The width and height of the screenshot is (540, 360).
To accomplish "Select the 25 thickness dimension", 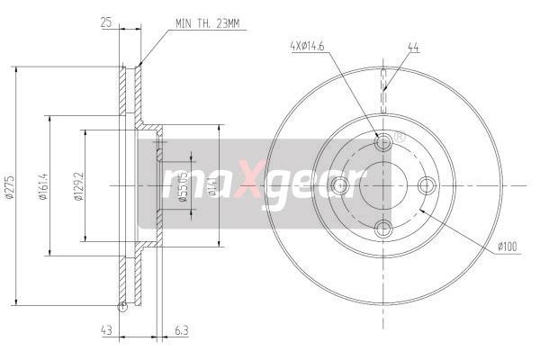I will [107, 22].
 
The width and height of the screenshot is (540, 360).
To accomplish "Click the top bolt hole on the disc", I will [383, 142].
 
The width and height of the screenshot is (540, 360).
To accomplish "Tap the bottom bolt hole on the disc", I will [383, 229].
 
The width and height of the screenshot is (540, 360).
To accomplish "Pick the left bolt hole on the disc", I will [340, 185].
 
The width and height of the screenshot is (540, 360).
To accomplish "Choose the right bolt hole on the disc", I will [427, 185].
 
